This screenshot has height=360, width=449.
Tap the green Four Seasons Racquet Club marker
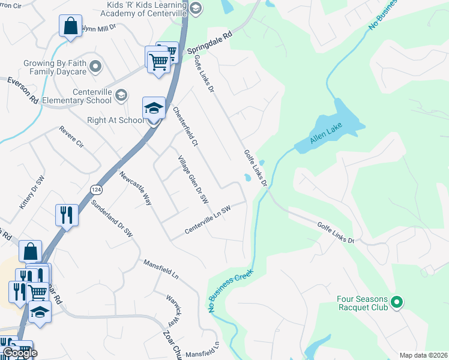point(396,302)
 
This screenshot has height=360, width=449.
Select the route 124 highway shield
point(95,189)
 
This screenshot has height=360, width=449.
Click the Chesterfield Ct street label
point(185,127)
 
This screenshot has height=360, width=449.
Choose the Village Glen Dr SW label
point(193,179)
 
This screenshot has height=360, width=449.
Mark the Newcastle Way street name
point(135,188)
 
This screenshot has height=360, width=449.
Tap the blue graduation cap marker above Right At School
point(153,108)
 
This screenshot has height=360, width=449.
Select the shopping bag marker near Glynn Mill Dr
point(70,26)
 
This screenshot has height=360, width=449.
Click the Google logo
point(19,352)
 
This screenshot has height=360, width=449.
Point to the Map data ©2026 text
point(423,355)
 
